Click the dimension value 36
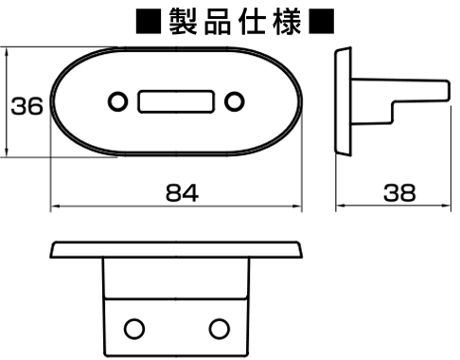(27, 106)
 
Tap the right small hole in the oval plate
(233, 100)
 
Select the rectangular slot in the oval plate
(175, 100)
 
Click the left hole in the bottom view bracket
(133, 328)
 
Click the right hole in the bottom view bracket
(220, 328)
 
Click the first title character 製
(180, 22)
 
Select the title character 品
(215, 22)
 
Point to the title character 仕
(249, 22)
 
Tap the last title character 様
(284, 22)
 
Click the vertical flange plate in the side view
(342, 99)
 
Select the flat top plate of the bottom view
(176, 250)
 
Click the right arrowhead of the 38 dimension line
(443, 206)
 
